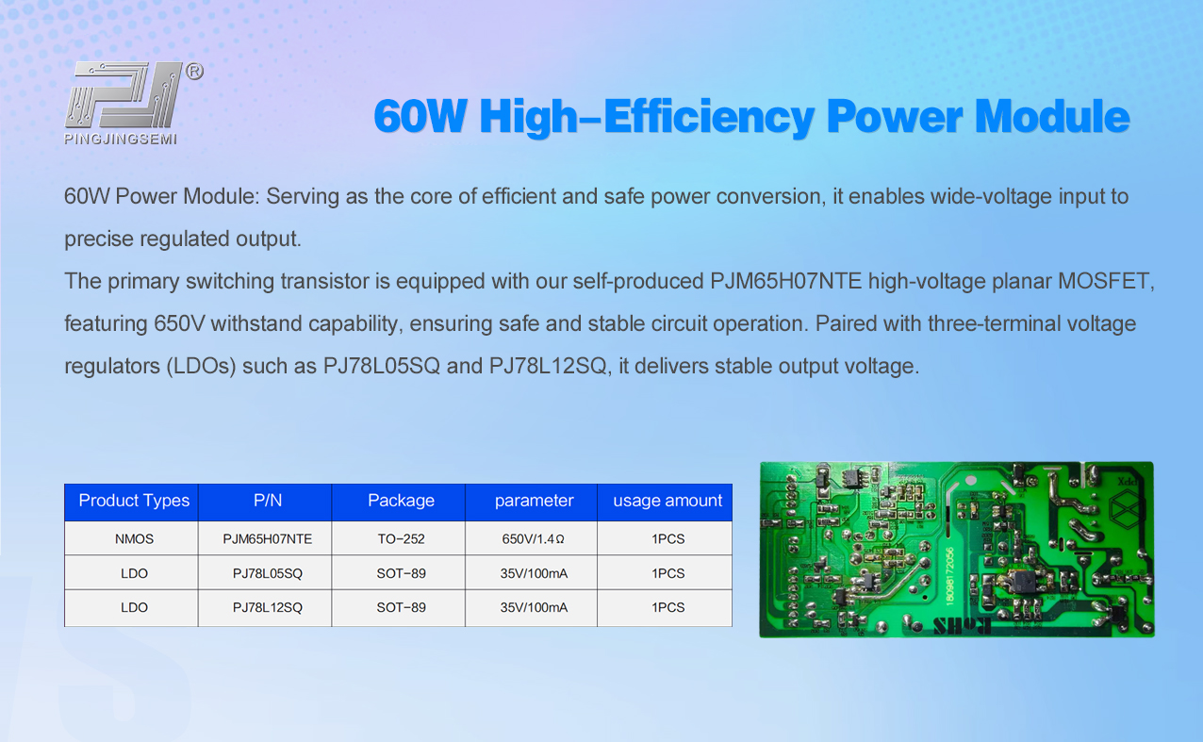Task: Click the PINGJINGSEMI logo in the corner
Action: (123, 102)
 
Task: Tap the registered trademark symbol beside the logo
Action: (194, 72)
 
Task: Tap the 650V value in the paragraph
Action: (178, 323)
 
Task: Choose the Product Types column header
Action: (134, 501)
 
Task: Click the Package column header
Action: (401, 501)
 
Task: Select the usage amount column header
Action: (667, 501)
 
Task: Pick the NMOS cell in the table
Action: (134, 539)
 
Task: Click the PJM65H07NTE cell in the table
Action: (268, 539)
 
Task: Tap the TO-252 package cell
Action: (401, 539)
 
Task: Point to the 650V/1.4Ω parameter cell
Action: (534, 539)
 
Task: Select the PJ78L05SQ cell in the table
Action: (268, 573)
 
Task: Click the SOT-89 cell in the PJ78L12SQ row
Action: (401, 607)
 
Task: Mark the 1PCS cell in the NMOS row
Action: (667, 539)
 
